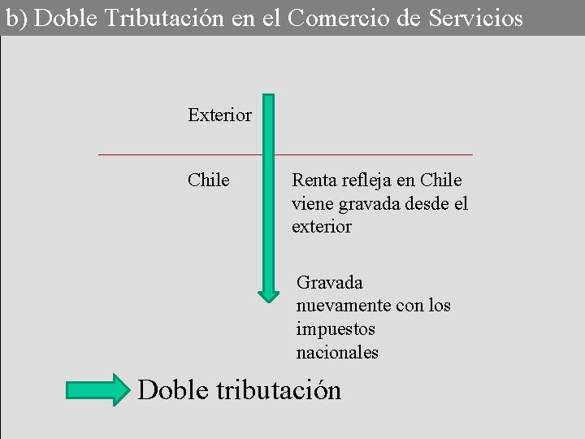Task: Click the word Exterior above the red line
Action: coord(219,115)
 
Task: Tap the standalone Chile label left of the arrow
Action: coord(208,180)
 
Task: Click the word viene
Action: coord(312,203)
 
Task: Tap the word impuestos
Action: coord(336,329)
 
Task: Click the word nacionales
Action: coord(337,353)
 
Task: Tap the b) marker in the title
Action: coord(15,17)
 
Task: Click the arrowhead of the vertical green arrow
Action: coord(269,293)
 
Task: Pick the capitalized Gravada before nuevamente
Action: coord(330,282)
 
